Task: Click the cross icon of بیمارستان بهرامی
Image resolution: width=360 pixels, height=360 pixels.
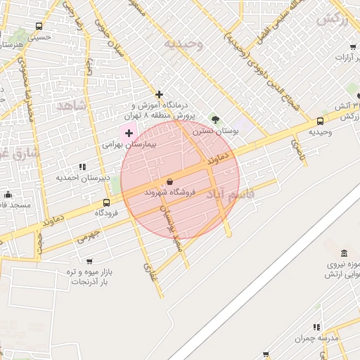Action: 129,132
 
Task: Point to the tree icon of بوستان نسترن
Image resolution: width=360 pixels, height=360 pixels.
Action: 215,120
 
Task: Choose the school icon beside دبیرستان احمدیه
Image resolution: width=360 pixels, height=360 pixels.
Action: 82,167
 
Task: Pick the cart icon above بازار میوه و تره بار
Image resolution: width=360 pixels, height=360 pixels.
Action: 89,261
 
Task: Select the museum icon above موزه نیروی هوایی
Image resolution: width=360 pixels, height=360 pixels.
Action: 344,253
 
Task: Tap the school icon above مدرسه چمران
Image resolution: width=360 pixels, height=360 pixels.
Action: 316,327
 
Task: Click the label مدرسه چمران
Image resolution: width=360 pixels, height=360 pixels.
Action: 317,338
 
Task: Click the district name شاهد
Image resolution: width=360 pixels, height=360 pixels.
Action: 70,105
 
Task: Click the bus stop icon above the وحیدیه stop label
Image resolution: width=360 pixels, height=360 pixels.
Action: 321,120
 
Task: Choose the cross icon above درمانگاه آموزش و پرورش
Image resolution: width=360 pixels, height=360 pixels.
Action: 160,94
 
